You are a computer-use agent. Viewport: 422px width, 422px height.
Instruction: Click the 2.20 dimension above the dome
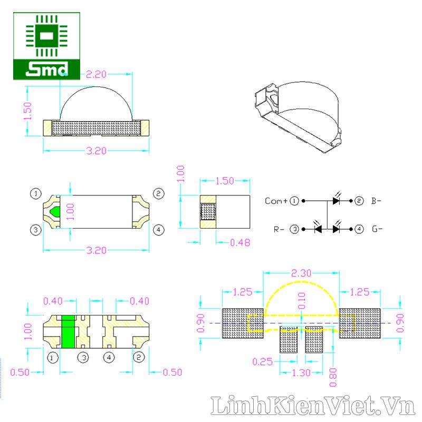96,74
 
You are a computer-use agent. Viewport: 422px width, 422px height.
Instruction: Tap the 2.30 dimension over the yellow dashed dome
301,273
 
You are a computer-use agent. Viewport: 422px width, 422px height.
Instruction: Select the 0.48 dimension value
240,243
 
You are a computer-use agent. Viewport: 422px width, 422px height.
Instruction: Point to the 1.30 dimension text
301,373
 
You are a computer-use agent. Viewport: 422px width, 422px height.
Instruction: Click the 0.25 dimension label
263,362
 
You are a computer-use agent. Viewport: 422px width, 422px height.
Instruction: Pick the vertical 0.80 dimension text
333,377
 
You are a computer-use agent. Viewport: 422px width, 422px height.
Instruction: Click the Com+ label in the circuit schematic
276,201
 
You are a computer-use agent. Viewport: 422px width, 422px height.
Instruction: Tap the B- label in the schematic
376,201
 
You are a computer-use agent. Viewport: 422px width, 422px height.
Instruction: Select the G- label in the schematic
377,229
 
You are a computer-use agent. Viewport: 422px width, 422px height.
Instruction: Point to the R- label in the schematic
279,229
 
